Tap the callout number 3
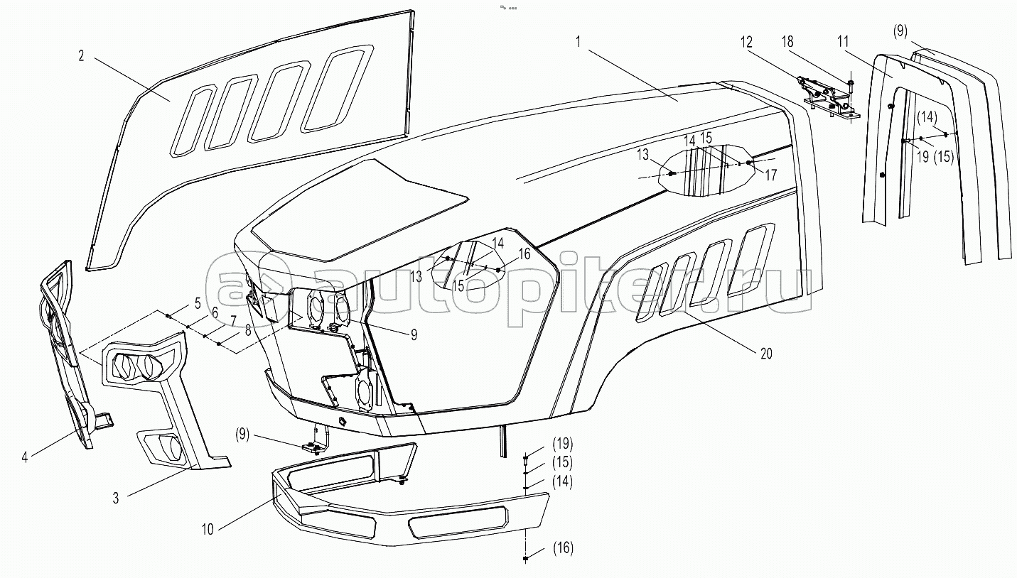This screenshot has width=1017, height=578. [116, 498]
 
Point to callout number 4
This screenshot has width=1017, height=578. [24, 457]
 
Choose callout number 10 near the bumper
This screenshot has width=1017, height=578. [207, 529]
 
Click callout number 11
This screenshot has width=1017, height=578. [843, 42]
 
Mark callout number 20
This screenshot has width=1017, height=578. [765, 354]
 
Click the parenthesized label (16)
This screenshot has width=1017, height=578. [561, 547]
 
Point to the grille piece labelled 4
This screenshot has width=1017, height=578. [68, 355]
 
